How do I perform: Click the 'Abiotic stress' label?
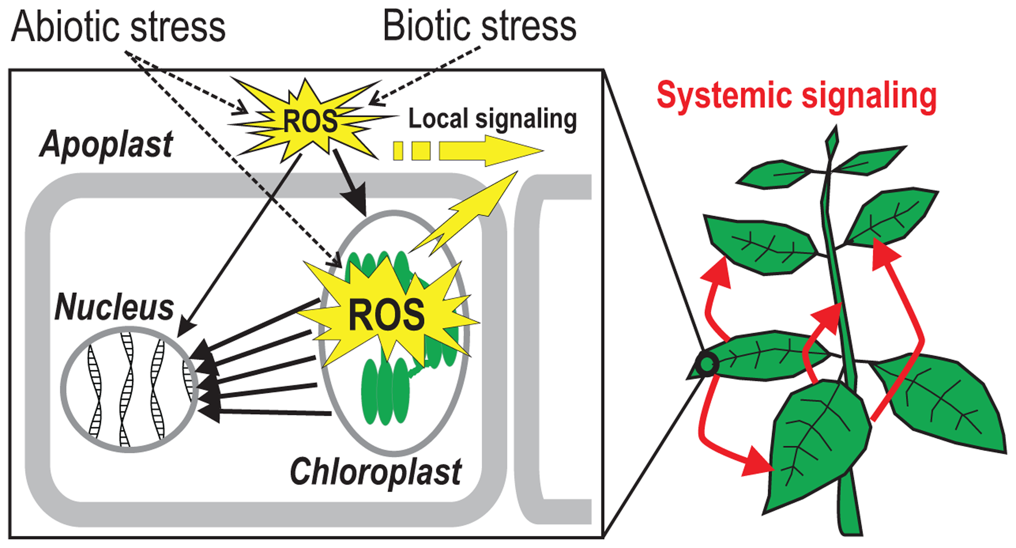click(x=118, y=26)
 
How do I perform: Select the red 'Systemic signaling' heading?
click(x=797, y=96)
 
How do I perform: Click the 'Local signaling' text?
click(x=493, y=119)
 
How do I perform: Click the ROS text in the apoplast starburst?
click(x=310, y=121)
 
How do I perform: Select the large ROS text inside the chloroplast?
click(x=386, y=315)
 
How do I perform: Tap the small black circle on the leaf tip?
click(x=707, y=364)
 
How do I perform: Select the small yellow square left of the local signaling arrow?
click(x=398, y=151)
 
